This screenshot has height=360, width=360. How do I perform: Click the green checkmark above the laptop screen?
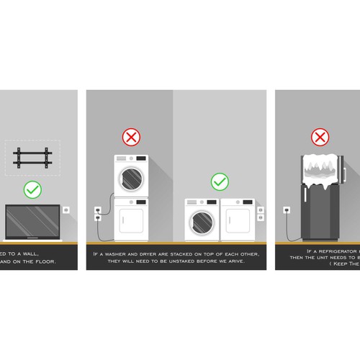point(32,190)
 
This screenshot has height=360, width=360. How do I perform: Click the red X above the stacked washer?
point(130,137)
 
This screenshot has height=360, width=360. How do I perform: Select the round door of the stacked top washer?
point(130,177)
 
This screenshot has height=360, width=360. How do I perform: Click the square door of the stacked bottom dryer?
point(130,221)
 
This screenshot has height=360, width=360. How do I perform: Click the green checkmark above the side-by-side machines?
point(219,181)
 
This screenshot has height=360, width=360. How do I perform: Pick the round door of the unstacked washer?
point(202,222)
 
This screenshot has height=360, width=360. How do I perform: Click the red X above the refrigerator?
point(319,137)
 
